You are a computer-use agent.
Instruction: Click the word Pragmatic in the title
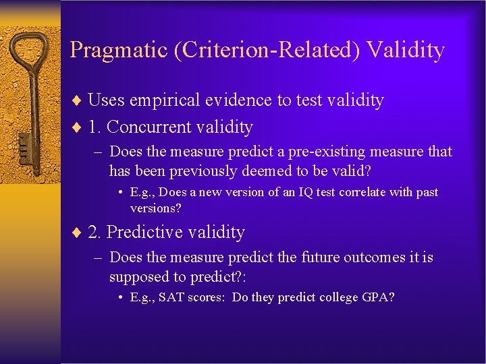coord(119,51)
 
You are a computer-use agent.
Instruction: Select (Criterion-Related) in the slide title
coord(263,51)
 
